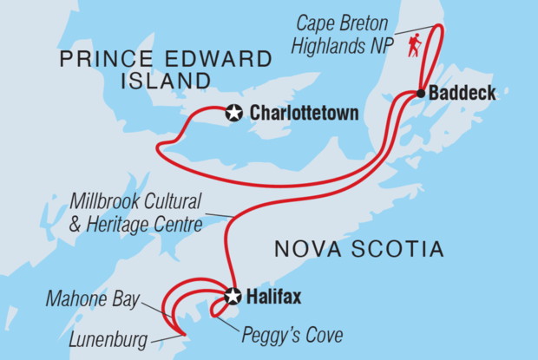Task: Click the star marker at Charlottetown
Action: pos(233,112)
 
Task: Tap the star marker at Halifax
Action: pos(233,296)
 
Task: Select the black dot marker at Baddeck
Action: pos(420,93)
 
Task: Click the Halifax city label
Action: pos(275,297)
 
